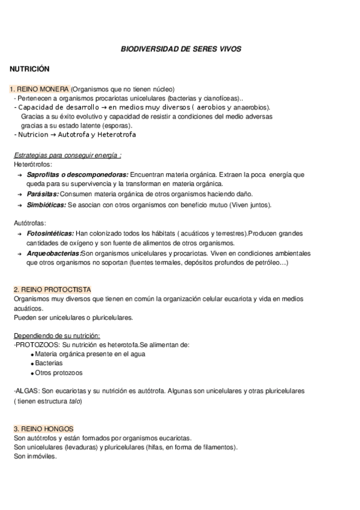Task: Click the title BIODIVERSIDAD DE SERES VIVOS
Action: [180, 48]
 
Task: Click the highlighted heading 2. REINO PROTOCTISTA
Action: [52, 290]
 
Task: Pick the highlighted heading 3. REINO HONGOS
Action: [43, 429]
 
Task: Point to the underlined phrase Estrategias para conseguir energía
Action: [67, 155]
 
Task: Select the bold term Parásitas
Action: [43, 194]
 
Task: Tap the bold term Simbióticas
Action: [46, 205]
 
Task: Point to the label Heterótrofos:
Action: [32, 164]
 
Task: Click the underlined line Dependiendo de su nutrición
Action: [56, 336]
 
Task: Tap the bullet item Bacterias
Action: [49, 363]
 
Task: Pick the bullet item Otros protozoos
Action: [58, 373]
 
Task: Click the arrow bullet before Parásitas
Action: [20, 195]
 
